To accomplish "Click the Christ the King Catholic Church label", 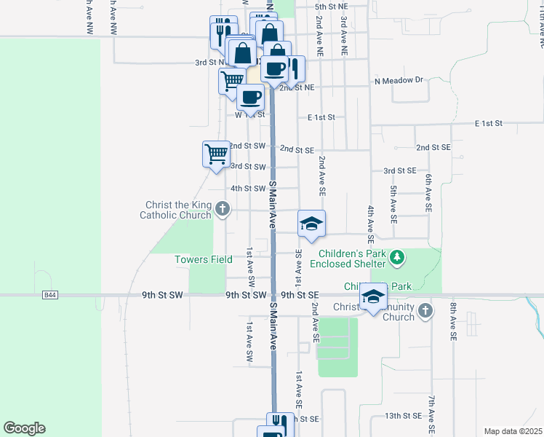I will point(179,210).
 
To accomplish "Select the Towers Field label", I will point(204,259).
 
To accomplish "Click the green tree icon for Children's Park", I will point(396,257).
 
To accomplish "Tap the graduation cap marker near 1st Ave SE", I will point(311,224).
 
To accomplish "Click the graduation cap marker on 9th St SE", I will point(373,296).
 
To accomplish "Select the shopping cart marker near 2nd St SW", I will point(216,154).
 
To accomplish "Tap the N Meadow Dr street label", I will point(399,80).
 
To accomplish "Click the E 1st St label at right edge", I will point(489,124).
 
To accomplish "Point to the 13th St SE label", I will point(403,415).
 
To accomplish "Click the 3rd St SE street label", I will point(400,170).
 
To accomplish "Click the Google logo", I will point(24,428).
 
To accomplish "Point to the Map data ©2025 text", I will point(513,431).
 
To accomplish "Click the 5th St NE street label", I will point(332,7).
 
